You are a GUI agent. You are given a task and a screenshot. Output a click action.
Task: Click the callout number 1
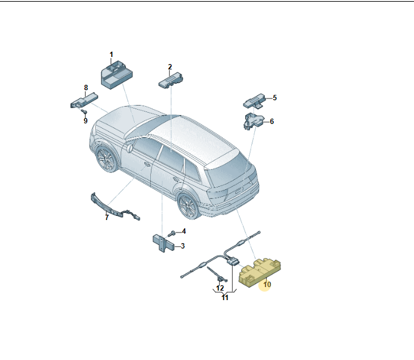(x=111, y=55)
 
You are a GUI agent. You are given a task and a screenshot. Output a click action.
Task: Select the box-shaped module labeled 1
(x=116, y=75)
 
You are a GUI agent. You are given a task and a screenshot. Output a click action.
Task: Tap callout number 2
(x=170, y=67)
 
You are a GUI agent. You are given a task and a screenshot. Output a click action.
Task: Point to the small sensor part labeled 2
(x=170, y=80)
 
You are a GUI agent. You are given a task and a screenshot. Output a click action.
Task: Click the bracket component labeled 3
(x=163, y=243)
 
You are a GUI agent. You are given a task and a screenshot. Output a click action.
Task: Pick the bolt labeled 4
(x=172, y=234)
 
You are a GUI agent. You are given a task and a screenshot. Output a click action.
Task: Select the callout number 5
(x=274, y=98)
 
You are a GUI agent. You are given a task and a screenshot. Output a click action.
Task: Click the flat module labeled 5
(x=254, y=100)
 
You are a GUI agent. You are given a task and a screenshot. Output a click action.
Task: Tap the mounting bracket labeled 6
(x=253, y=121)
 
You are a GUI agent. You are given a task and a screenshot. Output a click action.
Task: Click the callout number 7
(x=107, y=218)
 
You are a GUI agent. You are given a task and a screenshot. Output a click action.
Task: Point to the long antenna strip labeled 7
(x=115, y=206)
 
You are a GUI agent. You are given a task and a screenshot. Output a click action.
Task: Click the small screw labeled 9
(x=84, y=111)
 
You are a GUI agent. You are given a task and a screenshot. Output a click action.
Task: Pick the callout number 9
(x=86, y=121)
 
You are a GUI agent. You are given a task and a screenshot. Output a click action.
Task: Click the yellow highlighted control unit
(x=260, y=272)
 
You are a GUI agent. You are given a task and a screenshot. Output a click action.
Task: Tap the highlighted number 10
(x=267, y=285)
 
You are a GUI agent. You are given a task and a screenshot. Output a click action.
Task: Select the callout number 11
(x=225, y=298)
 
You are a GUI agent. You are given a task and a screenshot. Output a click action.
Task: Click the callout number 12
(x=220, y=288)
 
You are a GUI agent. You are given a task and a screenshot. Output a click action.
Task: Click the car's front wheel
(x=107, y=159)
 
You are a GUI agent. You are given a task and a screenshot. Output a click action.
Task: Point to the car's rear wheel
(x=189, y=206)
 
